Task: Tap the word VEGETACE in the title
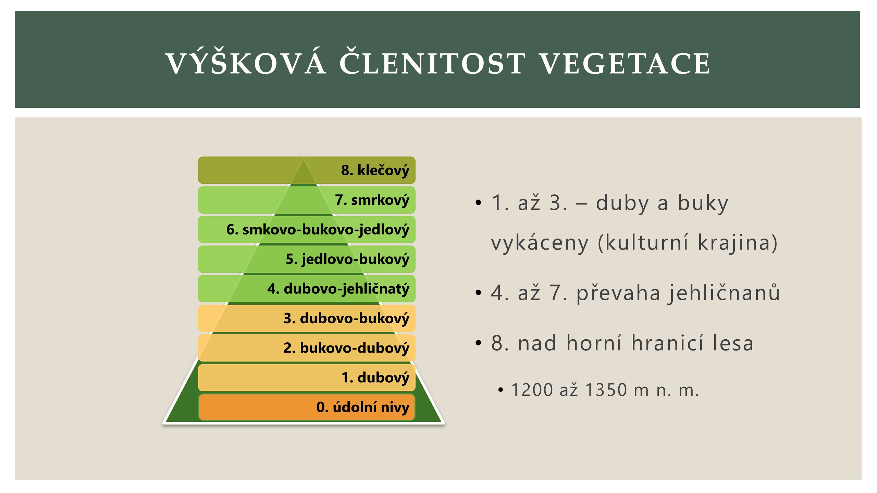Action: pos(625,63)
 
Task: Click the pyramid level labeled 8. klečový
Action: pos(307,170)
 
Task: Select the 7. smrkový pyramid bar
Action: pos(307,200)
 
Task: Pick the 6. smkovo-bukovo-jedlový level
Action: pos(307,229)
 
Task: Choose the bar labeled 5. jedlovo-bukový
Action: pos(307,259)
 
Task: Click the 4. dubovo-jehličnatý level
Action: pos(307,289)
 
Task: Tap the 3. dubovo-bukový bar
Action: pos(307,318)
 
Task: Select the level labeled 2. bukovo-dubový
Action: pos(307,348)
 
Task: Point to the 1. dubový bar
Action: pos(307,378)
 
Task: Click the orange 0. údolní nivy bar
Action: pos(307,407)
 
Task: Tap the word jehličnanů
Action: pos(724,293)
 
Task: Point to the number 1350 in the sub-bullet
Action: pos(606,390)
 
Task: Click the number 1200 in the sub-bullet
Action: pos(532,390)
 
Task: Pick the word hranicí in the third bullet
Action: pos(668,343)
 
